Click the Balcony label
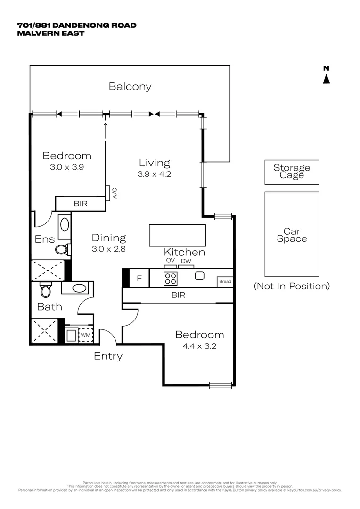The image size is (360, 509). click(x=130, y=86)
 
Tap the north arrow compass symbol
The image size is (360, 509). click(x=326, y=76)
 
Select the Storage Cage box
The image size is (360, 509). click(x=292, y=172)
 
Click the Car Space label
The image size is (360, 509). click(x=292, y=235)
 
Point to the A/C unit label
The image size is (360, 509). click(x=114, y=193)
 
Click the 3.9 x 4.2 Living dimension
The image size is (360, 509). click(x=154, y=174)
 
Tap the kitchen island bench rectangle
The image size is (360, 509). click(x=177, y=235)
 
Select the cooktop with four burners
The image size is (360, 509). click(x=170, y=278)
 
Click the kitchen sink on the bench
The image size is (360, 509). click(x=199, y=276)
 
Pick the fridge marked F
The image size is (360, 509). click(x=139, y=278)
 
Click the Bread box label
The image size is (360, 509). click(x=225, y=282)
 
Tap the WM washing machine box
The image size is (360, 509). click(x=85, y=335)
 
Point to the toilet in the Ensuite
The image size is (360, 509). click(x=62, y=249)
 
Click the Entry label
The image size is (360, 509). click(x=108, y=356)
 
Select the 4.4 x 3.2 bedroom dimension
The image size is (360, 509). click(x=199, y=345)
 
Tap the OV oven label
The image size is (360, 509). click(x=170, y=261)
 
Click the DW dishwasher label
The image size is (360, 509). click(x=186, y=261)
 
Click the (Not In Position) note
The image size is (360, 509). click(x=292, y=286)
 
